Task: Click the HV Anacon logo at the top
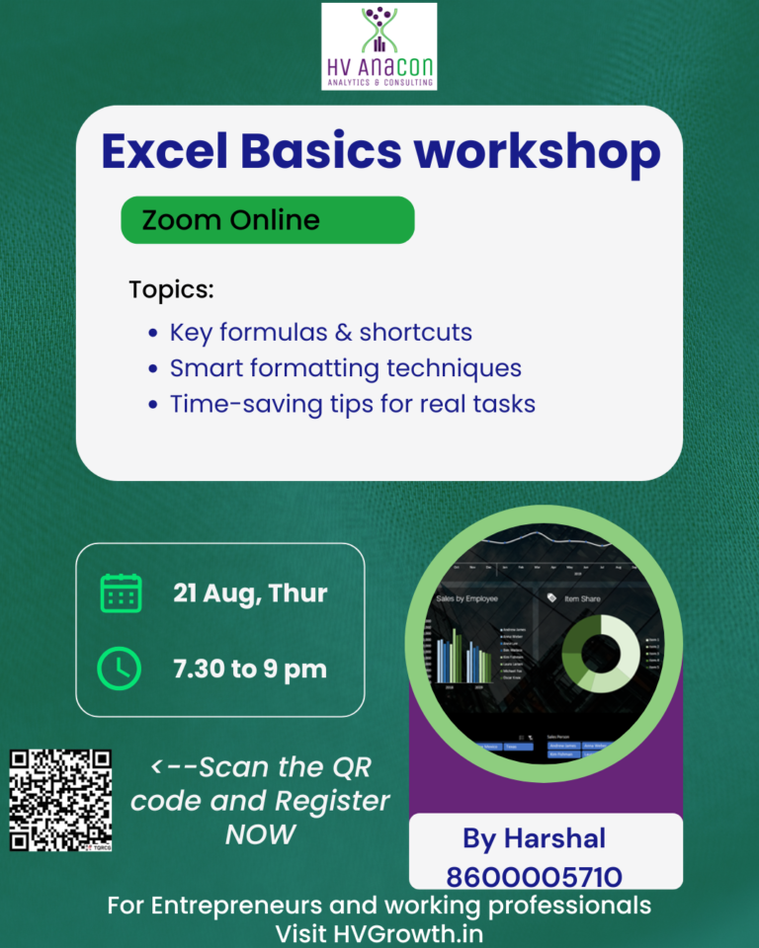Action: (x=379, y=46)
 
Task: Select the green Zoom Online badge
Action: (x=267, y=219)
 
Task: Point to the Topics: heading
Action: (x=171, y=290)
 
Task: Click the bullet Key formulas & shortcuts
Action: (x=320, y=332)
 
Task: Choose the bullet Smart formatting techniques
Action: (x=345, y=368)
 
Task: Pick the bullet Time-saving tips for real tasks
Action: (x=352, y=404)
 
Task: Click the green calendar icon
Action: (x=121, y=592)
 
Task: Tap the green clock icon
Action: (x=120, y=669)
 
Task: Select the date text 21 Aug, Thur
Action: (x=250, y=593)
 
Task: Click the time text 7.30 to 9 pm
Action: (x=250, y=669)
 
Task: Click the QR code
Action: (x=60, y=800)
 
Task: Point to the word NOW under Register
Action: (x=260, y=833)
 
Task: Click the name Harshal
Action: (x=554, y=838)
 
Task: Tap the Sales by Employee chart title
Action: (x=466, y=599)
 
